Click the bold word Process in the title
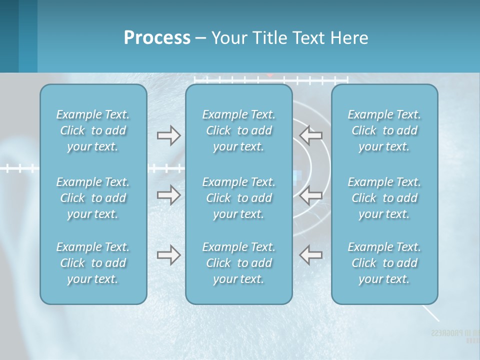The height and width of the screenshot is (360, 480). [x=157, y=38]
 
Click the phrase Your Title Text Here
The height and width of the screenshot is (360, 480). [x=290, y=38]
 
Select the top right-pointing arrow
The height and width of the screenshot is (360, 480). [x=168, y=135]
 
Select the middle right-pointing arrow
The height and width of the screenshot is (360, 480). [x=168, y=195]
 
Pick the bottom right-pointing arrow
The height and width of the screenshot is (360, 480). [x=168, y=255]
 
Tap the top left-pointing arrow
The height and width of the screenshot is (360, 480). [x=310, y=135]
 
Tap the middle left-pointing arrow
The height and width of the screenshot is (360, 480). [x=310, y=195]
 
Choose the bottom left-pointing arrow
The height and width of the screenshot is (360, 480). [x=310, y=255]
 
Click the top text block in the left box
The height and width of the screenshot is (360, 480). [x=93, y=130]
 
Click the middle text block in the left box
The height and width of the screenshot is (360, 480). [x=93, y=198]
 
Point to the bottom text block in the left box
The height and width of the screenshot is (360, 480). [x=93, y=263]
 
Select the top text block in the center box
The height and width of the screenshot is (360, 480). [x=238, y=130]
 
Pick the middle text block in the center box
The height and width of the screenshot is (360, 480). [x=238, y=198]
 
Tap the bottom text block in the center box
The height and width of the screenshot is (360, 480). [x=238, y=263]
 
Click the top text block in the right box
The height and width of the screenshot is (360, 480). [x=384, y=130]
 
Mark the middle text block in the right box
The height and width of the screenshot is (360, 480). [x=384, y=198]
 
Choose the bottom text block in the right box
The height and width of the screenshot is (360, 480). [x=384, y=263]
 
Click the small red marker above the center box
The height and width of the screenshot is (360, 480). [x=270, y=75]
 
